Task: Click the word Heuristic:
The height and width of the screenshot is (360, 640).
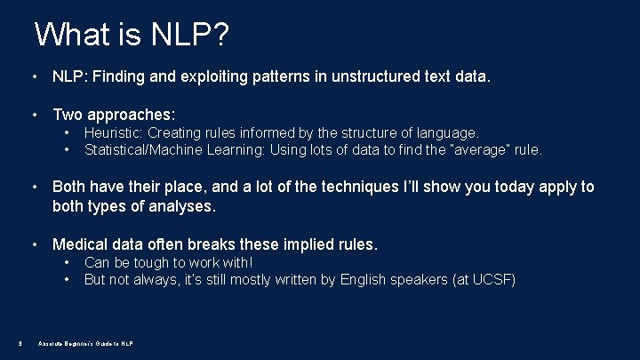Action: (x=113, y=132)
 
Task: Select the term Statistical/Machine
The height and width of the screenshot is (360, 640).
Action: (x=143, y=149)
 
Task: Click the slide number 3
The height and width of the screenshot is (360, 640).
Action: (x=20, y=344)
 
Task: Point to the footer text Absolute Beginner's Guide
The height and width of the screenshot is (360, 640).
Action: (x=85, y=344)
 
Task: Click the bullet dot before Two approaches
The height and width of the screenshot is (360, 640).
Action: (x=34, y=115)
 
